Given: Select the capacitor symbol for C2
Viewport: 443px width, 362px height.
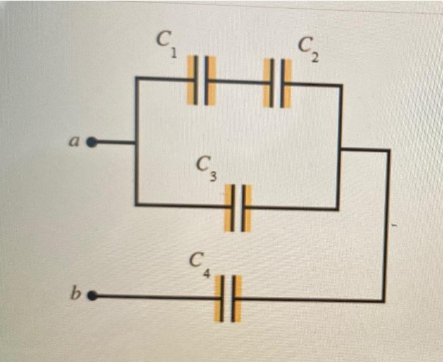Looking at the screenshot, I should coord(277,83).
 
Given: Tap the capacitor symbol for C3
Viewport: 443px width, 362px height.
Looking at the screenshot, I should coord(238,208).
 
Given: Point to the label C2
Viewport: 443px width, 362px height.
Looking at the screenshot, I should coord(309,49).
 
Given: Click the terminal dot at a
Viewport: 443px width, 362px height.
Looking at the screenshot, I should coord(92,142).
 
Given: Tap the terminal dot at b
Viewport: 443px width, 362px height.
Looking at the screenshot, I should coord(92,295).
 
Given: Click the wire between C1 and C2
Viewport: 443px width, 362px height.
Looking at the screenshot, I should coord(239,81).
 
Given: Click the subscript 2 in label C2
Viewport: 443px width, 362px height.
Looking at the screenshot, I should coord(315,58).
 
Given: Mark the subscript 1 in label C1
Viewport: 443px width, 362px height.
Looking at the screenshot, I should coord(173,54).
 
